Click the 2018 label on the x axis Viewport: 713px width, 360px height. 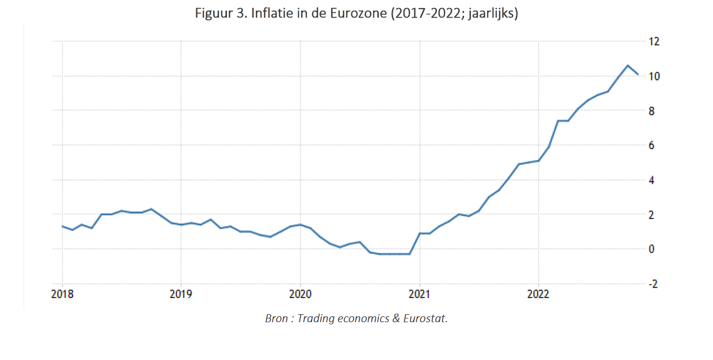tap(62, 294)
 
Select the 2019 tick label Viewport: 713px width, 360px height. tap(181, 294)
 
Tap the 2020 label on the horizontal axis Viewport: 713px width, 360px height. tap(301, 294)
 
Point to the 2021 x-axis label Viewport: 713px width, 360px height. tap(420, 294)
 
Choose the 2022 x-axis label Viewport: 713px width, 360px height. tap(539, 294)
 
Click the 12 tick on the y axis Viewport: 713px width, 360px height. tap(654, 42)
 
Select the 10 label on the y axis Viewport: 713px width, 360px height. tap(654, 76)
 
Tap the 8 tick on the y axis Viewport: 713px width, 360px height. tap(652, 111)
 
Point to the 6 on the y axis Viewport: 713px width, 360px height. tap(652, 145)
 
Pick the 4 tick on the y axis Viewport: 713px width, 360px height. tap(652, 180)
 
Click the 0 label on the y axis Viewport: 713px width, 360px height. tap(652, 249)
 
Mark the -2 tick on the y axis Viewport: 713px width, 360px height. tap(653, 284)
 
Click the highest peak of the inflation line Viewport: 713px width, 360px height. tap(628, 66)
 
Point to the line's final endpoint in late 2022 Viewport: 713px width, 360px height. tap(638, 75)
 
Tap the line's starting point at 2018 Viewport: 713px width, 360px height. tap(62, 226)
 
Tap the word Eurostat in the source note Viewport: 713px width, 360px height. tap(426, 318)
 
